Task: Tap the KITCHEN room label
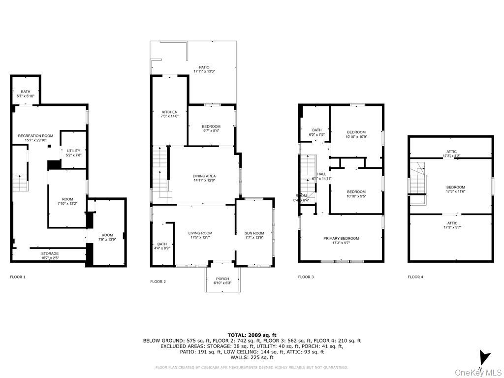(169, 114)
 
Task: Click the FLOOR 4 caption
(415, 277)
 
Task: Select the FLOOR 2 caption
(158, 282)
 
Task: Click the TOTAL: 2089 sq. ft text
(252, 335)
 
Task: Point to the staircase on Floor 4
(417, 180)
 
